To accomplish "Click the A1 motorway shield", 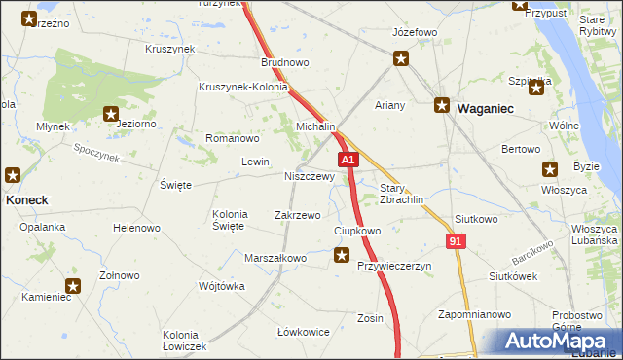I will (348, 160).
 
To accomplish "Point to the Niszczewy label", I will (309, 177).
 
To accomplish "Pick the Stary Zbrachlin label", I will (400, 195).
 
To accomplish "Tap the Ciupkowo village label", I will (357, 231).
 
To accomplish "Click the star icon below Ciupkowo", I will (342, 256).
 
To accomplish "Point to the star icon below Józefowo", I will (401, 59).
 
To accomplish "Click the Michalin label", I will (316, 127).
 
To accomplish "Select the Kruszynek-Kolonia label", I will (243, 87).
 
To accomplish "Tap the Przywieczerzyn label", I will (394, 266).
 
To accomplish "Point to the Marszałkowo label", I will (275, 258).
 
